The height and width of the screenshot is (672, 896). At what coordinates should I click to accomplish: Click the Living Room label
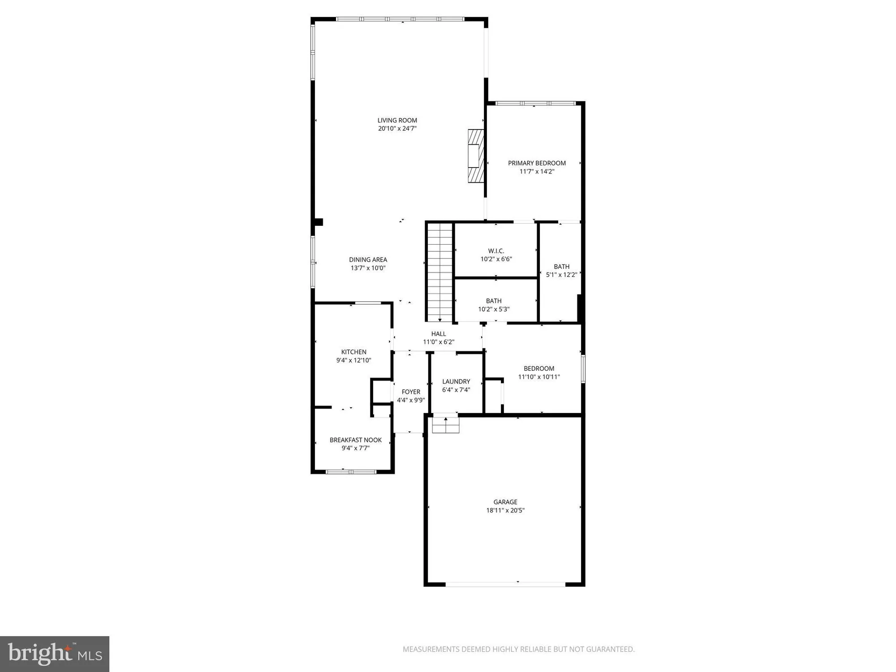[397, 120]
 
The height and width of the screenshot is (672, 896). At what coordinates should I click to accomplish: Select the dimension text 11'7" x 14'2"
[537, 171]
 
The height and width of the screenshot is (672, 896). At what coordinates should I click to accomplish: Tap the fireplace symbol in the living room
[476, 155]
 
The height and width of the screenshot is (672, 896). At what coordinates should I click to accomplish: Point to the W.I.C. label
[496, 251]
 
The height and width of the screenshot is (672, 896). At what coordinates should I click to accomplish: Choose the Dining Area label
[368, 259]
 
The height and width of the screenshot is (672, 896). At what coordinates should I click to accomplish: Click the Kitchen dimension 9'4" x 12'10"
[353, 360]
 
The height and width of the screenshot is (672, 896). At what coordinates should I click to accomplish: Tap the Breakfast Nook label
[355, 440]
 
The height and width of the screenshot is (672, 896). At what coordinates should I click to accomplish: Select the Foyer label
[411, 392]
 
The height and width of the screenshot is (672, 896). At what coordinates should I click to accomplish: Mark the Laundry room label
[456, 381]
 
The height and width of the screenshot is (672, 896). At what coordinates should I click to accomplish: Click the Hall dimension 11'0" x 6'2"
[439, 342]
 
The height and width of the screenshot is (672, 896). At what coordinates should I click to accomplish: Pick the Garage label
[505, 502]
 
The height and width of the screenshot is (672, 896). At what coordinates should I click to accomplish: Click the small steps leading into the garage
[445, 424]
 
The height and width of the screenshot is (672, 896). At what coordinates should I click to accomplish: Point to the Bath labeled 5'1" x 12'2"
[561, 267]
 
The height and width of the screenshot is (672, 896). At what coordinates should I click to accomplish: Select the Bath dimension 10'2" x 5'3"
[494, 309]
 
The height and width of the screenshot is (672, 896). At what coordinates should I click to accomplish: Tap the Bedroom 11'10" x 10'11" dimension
[539, 377]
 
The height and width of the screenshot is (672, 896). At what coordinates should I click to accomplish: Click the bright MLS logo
[54, 654]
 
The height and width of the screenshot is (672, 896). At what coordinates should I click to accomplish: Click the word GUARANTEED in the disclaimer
[611, 649]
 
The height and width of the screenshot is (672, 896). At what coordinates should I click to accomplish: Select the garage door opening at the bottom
[505, 584]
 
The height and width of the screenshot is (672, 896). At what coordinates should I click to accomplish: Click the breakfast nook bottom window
[351, 471]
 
